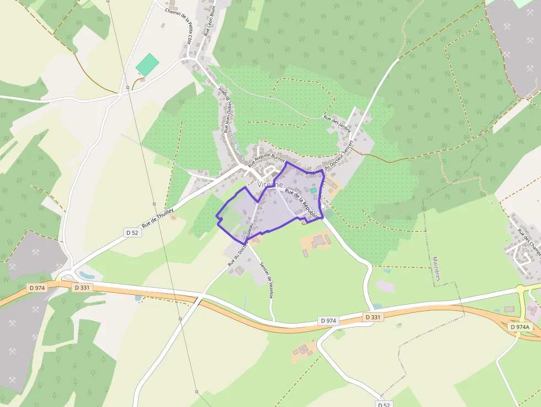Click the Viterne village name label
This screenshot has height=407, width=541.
[270, 184]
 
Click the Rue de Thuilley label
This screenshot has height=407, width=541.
[158, 218]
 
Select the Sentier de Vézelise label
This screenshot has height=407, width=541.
[266, 280]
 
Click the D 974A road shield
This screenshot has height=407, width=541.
[519, 327]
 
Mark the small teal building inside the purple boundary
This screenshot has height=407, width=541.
[313, 190]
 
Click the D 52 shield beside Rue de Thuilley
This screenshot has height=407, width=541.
[132, 232]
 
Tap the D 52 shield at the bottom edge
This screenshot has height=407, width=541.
[384, 404]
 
